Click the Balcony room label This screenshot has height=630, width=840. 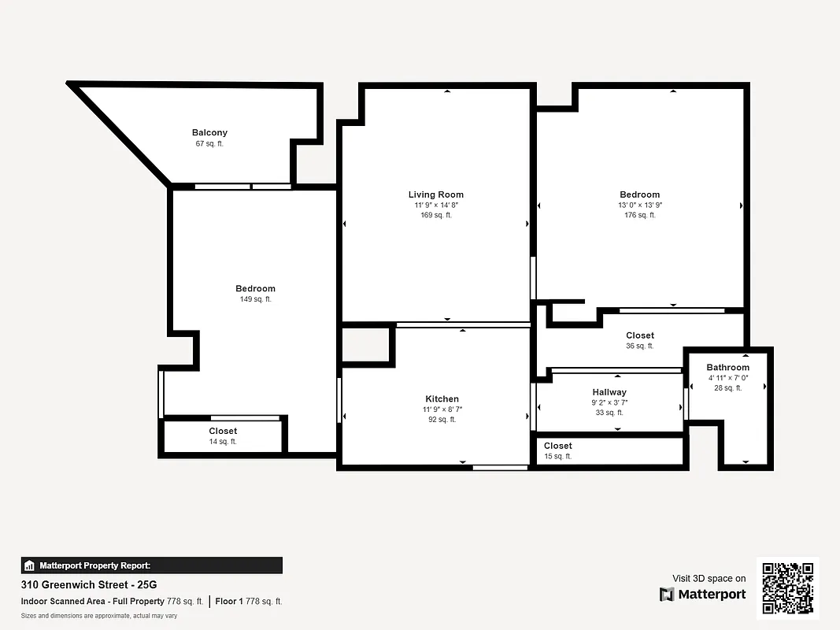point(209,133)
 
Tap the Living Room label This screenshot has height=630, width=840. point(435,195)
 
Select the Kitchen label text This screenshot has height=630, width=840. point(442,399)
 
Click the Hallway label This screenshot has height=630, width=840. point(609,392)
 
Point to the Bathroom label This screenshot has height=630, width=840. point(727,368)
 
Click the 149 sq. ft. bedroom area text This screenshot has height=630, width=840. point(255,299)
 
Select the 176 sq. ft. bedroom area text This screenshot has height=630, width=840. point(639,215)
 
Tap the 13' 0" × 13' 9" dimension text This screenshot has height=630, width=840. point(639,205)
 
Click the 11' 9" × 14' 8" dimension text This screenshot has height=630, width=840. point(435,205)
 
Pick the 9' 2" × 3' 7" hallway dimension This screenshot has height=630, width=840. point(609,402)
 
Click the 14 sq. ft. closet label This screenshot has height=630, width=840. point(223,442)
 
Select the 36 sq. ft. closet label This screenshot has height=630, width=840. point(639,346)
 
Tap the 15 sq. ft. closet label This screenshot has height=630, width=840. point(557,457)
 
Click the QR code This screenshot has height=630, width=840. point(788,588)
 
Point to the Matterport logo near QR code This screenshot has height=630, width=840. point(702,595)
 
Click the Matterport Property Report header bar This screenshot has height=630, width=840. point(151,565)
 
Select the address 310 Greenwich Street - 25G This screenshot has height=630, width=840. point(89,585)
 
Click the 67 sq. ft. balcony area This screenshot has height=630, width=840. point(209,143)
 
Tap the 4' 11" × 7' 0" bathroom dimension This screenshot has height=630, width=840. point(727,378)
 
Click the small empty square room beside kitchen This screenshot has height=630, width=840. point(366,344)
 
